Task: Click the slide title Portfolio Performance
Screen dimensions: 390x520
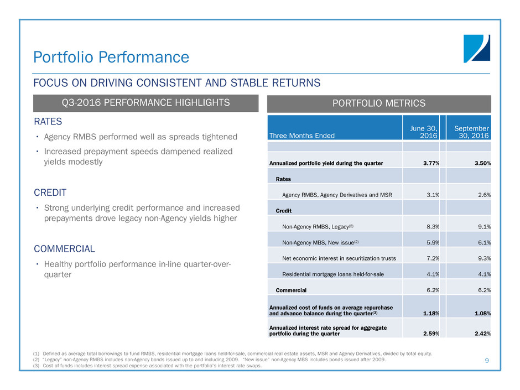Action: [111, 57]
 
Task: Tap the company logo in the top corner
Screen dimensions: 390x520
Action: [476, 49]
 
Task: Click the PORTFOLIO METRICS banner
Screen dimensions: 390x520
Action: [379, 103]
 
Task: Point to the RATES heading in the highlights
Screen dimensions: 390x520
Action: [48, 121]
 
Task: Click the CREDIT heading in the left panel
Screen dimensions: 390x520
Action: [50, 193]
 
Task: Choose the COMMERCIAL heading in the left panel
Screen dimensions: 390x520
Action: [65, 249]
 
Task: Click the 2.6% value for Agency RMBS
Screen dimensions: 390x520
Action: [481, 195]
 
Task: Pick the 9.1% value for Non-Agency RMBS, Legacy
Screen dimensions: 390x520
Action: [481, 226]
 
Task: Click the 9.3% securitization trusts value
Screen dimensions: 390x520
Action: [481, 258]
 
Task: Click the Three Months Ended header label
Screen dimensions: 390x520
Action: [301, 136]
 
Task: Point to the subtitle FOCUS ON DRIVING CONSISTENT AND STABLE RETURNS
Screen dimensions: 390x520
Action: [177, 83]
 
